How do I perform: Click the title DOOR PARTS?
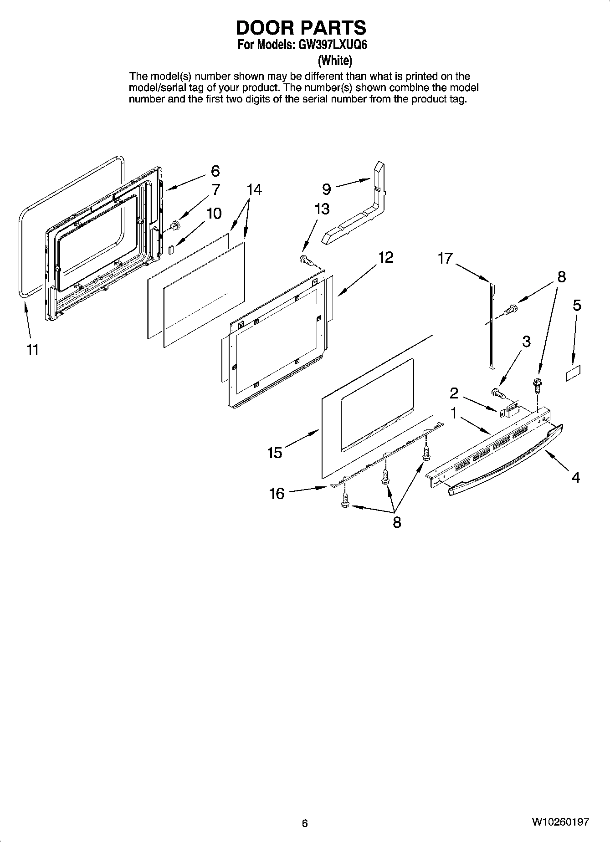coord(301,28)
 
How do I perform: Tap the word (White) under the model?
coord(335,60)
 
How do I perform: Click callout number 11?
coord(32,350)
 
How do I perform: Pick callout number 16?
coord(277,493)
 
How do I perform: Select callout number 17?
coord(445,259)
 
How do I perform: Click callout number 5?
coord(577,305)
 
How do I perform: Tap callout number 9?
coord(326,189)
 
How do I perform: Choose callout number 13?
coord(322,209)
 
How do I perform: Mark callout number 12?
coord(385,257)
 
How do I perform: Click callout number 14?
coord(254,189)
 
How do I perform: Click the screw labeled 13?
coord(307,261)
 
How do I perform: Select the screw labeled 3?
coord(497,392)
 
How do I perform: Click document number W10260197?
coord(560,822)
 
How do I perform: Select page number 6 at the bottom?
coord(305,823)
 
